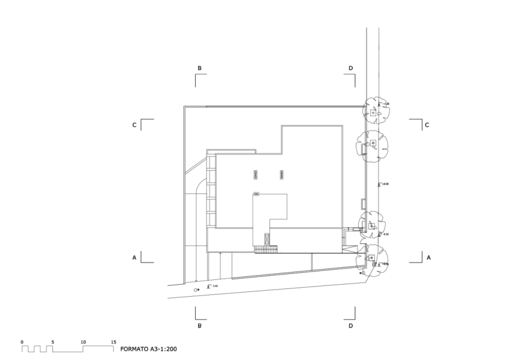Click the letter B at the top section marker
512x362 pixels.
(199, 68)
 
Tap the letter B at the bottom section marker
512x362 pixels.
(199, 326)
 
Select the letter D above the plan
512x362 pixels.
(351, 68)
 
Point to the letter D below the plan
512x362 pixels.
(351, 326)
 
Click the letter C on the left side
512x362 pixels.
(134, 125)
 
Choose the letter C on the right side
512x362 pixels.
(427, 125)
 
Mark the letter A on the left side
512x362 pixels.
(134, 258)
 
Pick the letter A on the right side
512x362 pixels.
(428, 258)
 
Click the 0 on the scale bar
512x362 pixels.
(22, 342)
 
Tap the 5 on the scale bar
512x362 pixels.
(53, 342)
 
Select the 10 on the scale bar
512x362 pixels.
(83, 342)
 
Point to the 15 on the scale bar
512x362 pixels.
(114, 342)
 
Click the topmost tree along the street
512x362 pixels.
(375, 111)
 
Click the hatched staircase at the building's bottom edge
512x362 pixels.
(265, 249)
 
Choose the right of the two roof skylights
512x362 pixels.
(281, 175)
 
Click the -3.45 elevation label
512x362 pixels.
(214, 286)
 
